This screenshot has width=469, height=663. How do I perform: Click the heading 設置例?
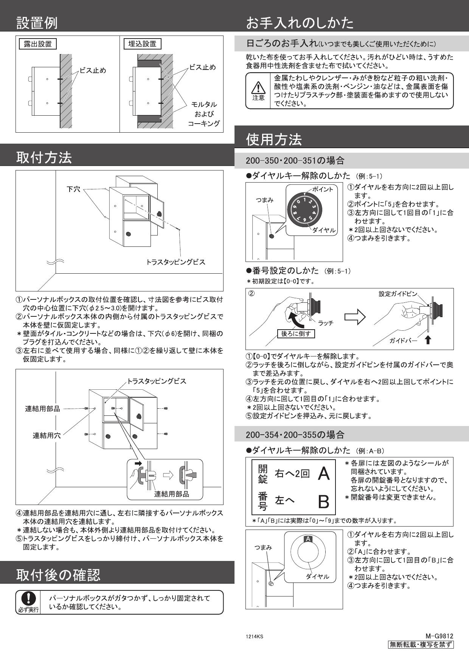[37, 23]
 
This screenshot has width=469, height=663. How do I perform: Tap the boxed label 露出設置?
[37, 44]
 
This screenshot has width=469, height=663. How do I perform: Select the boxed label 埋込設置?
[142, 44]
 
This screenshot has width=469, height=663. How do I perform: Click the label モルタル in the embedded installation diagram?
[204, 104]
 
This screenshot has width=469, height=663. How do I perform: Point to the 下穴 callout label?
[73, 189]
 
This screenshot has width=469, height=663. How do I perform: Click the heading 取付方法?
[44, 157]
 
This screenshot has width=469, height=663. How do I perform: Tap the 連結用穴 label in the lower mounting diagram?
[47, 435]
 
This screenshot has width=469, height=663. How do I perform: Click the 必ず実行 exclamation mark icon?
[28, 598]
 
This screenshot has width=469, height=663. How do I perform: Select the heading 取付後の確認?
[58, 575]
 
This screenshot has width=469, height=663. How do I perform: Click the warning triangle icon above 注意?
[258, 87]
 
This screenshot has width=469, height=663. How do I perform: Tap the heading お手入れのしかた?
[300, 23]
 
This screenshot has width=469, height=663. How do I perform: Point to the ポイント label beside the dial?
[322, 189]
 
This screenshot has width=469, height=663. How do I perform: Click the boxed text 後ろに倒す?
[296, 334]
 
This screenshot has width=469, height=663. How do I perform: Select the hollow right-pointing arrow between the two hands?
[355, 317]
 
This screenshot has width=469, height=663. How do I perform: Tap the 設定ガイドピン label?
[398, 294]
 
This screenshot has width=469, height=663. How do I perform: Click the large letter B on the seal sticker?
[324, 502]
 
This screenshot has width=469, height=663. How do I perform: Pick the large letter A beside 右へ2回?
[324, 474]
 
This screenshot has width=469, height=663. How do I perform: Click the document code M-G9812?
[439, 636]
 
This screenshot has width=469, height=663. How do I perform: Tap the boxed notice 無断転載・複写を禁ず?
[421, 645]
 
